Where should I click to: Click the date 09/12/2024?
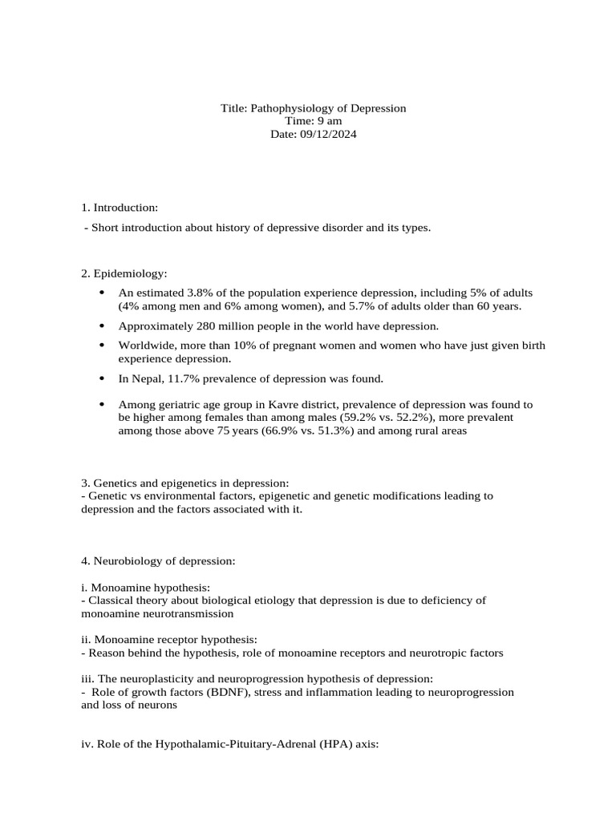330,135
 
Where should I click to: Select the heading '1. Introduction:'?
120,208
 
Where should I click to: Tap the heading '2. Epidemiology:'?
124,274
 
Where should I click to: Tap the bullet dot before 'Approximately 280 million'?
101,326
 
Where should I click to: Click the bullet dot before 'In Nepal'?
101,378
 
